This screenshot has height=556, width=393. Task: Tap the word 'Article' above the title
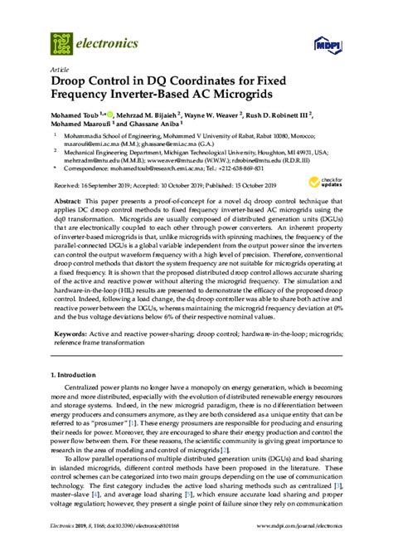tap(59, 70)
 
